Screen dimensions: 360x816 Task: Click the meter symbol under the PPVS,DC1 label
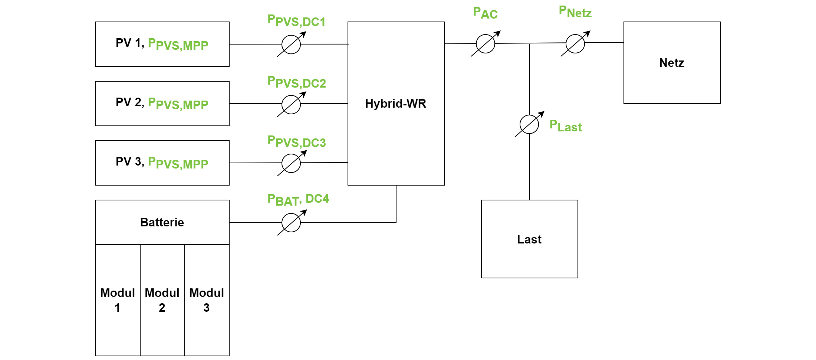coord(291,44)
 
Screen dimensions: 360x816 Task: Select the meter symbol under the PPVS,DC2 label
coord(291,104)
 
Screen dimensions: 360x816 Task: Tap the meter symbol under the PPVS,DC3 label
coord(291,163)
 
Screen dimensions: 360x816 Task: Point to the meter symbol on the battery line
coord(291,222)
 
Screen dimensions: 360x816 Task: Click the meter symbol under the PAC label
coord(486,43)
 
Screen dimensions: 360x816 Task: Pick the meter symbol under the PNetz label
coord(575,43)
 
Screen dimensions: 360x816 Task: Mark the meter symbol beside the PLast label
coord(529,124)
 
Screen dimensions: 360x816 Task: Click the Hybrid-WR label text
coord(396,104)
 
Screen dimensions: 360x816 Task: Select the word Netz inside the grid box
coord(672,63)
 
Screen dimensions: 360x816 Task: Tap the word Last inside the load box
coord(529,239)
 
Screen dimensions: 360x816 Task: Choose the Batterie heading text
coord(162,222)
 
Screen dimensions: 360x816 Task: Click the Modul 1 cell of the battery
coord(118,300)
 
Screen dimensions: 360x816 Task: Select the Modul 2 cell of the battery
coord(162,300)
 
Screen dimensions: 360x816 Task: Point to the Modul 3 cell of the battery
coord(207,300)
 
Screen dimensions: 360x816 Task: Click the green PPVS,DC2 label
coord(297,82)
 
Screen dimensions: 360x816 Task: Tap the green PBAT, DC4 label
coord(298,200)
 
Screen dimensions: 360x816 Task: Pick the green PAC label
coord(486,13)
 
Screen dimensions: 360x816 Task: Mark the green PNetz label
coord(575,12)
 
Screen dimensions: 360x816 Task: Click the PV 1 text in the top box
coord(128,43)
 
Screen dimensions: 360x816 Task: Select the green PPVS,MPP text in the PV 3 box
coord(178,163)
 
